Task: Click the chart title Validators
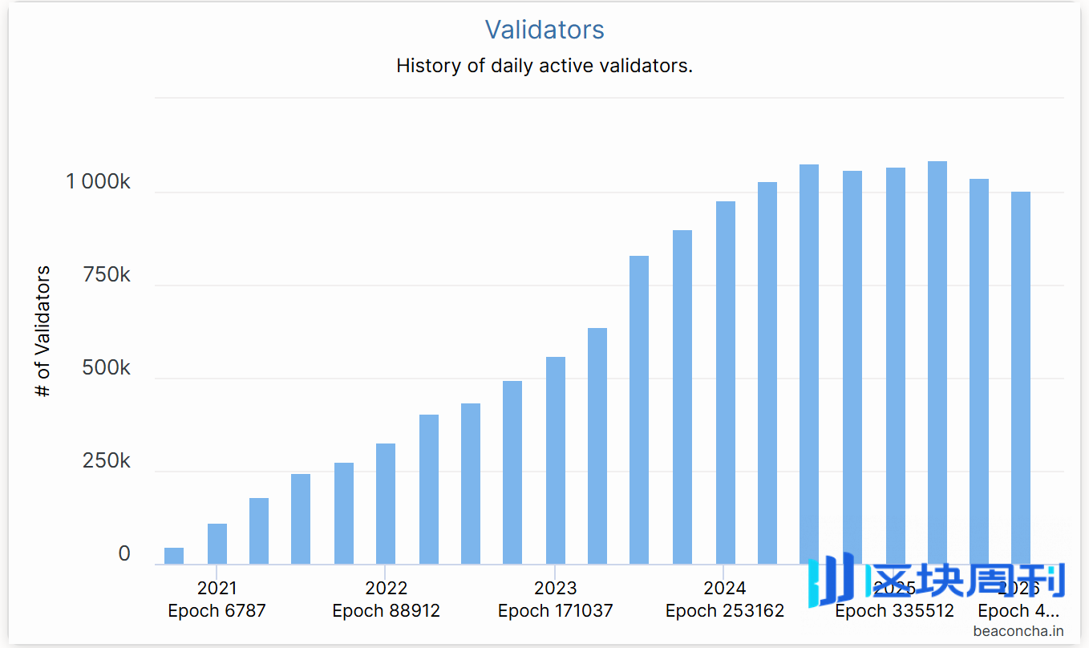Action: [544, 30]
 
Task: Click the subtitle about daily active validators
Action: [544, 66]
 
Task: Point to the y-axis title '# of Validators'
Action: [43, 331]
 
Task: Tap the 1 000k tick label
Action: [98, 182]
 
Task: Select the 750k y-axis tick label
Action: [107, 275]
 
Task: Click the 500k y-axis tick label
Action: [107, 368]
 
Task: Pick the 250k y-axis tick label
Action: [107, 461]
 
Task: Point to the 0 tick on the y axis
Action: [124, 554]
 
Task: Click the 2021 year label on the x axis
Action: [217, 588]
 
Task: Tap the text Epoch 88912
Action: [386, 611]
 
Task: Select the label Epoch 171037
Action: [555, 611]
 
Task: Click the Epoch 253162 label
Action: [725, 611]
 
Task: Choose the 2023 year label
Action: [555, 588]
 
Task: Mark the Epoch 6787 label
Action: [217, 611]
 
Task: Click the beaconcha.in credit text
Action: [1018, 631]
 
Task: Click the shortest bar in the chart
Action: [174, 556]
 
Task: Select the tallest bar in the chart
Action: [937, 361]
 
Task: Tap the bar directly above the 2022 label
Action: [386, 504]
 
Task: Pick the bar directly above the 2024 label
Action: [726, 383]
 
